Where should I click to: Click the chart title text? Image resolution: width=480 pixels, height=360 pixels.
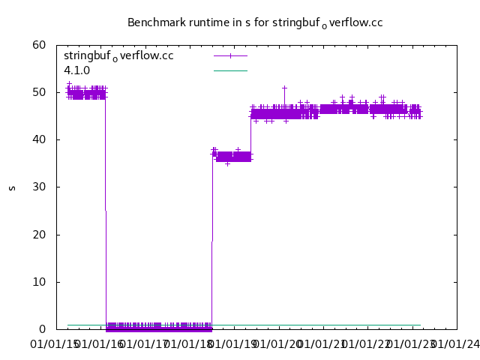pyautogui.click(x=255, y=22)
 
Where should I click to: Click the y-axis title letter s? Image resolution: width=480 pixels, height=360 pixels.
pyautogui.click(x=12, y=187)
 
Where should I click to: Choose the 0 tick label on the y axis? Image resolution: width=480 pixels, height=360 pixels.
pyautogui.click(x=43, y=329)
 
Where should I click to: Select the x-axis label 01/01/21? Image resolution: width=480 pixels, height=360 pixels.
pyautogui.click(x=323, y=344)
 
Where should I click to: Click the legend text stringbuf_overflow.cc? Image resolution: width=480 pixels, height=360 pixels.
pyautogui.click(x=118, y=56)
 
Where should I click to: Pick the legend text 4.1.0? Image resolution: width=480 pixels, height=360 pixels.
pyautogui.click(x=76, y=70)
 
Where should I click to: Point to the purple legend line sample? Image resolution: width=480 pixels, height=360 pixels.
pyautogui.click(x=230, y=55)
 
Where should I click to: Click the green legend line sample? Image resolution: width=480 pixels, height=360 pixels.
pyautogui.click(x=230, y=70)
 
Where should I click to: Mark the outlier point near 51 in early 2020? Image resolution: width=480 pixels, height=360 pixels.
pyautogui.click(x=285, y=88)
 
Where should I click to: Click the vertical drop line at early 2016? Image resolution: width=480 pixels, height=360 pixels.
pyautogui.click(x=106, y=210)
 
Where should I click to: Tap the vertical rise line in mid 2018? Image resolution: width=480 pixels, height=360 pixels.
pyautogui.click(x=212, y=240)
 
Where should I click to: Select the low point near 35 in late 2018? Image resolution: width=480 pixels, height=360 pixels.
pyautogui.click(x=227, y=163)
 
